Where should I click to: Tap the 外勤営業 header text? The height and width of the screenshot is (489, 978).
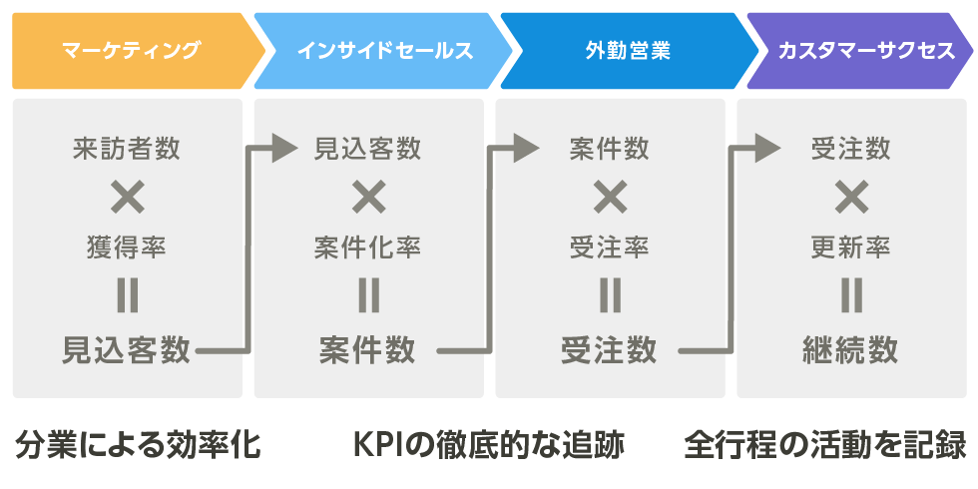(628, 51)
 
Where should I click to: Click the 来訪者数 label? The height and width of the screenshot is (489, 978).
(127, 149)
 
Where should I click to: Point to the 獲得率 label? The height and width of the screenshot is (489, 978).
(127, 248)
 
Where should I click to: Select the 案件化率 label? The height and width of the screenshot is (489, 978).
(367, 248)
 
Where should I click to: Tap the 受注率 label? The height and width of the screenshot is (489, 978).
(610, 248)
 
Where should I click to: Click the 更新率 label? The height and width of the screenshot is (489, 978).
(850, 248)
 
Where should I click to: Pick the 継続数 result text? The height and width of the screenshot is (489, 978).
(850, 350)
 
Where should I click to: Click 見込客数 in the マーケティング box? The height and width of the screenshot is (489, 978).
(126, 350)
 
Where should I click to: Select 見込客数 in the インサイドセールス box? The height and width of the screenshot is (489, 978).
(367, 149)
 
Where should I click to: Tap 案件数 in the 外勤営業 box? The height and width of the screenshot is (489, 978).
(610, 149)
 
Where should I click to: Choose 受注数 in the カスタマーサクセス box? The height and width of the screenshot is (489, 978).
(850, 149)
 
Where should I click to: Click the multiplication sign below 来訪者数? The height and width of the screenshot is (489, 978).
(128, 199)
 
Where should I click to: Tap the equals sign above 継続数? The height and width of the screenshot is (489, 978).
(850, 295)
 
